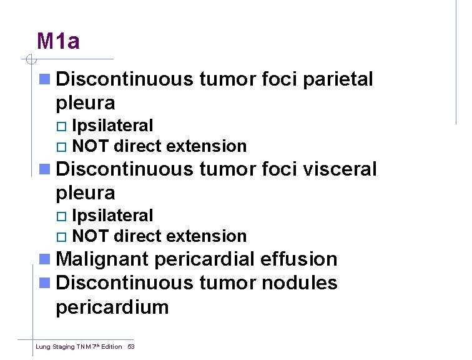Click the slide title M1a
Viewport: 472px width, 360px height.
[58, 41]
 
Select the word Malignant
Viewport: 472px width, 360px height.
[102, 259]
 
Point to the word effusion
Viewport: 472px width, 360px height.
[299, 259]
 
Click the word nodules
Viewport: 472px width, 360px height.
[299, 283]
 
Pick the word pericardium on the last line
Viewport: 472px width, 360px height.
[112, 307]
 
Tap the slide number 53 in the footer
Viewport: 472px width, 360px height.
[131, 346]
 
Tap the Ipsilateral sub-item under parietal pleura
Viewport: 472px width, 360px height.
[112, 126]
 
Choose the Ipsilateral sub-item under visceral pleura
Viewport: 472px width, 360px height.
[112, 216]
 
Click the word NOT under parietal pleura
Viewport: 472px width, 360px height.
[91, 147]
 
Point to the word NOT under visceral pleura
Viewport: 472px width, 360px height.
[91, 236]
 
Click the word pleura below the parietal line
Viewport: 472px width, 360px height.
[86, 103]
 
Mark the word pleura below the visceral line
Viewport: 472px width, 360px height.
[86, 192]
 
